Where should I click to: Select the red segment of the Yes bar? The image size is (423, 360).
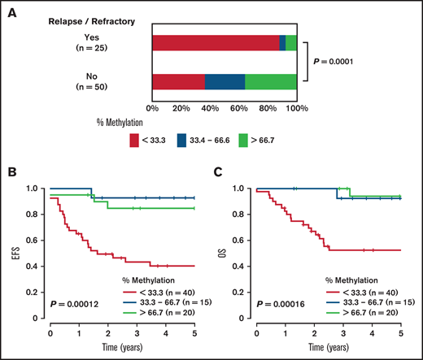pyautogui.click(x=215, y=44)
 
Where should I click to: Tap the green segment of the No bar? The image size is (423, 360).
pyautogui.click(x=270, y=82)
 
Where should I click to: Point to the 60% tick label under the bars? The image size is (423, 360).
pyautogui.click(x=238, y=108)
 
